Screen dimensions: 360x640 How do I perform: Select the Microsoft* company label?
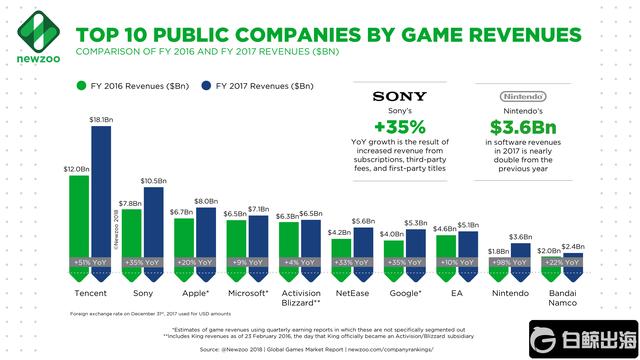tap(247, 294)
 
